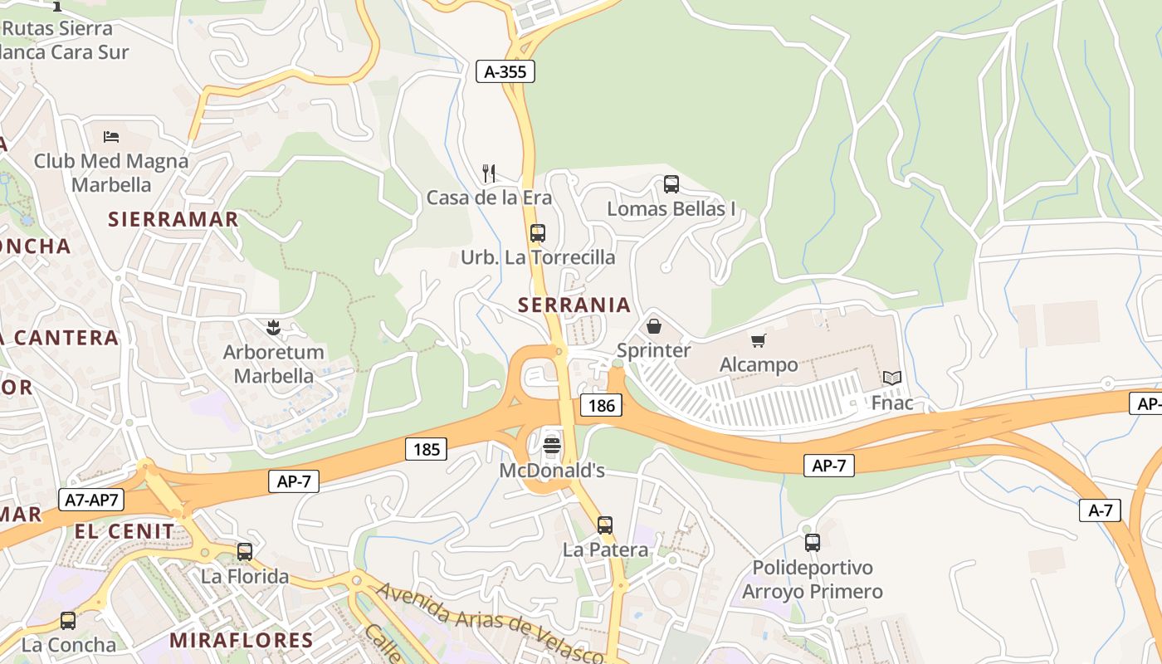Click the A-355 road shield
[505, 71]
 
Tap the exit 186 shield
[600, 405]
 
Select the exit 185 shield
[427, 449]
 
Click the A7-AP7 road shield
[91, 500]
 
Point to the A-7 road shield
[1101, 510]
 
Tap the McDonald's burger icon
[552, 446]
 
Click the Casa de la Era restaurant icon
[489, 173]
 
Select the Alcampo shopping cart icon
[758, 340]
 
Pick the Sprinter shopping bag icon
[654, 326]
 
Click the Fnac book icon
[892, 378]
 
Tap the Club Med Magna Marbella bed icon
[111, 136]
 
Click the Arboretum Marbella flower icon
[273, 328]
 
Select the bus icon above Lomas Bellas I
[671, 183]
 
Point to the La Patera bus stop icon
[605, 525]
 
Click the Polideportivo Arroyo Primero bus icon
[813, 543]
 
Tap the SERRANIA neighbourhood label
[574, 305]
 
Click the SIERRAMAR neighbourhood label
[173, 219]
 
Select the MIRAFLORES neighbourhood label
[242, 640]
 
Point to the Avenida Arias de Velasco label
[490, 622]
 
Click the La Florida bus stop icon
[245, 551]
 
